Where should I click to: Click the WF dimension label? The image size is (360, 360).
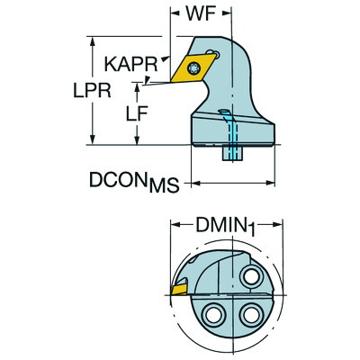point(197,13)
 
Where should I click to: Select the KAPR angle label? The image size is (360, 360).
point(130,64)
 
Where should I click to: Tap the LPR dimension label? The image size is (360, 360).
point(92,90)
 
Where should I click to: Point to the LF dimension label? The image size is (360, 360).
point(137,113)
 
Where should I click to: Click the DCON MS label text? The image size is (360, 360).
point(134,182)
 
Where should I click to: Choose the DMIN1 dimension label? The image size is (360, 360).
point(225,226)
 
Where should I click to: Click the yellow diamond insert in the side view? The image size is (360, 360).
point(193,68)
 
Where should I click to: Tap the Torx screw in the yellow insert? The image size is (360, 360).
point(193,68)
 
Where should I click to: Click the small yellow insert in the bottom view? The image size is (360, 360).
point(179,290)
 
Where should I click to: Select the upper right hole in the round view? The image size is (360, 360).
point(250,276)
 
